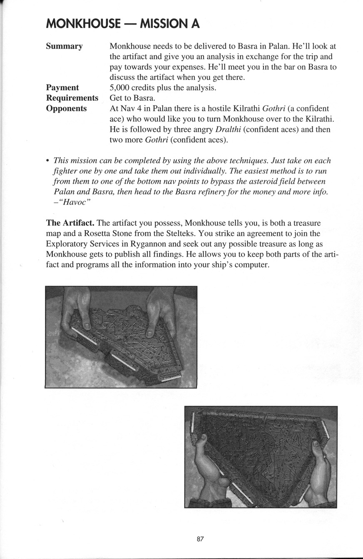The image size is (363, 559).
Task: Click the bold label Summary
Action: point(64,46)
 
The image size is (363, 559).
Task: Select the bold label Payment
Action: point(62,87)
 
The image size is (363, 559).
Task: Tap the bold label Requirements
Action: point(72,98)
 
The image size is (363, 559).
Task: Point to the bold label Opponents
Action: point(67,108)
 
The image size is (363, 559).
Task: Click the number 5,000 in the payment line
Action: point(120,87)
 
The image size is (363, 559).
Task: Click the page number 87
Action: point(200,539)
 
